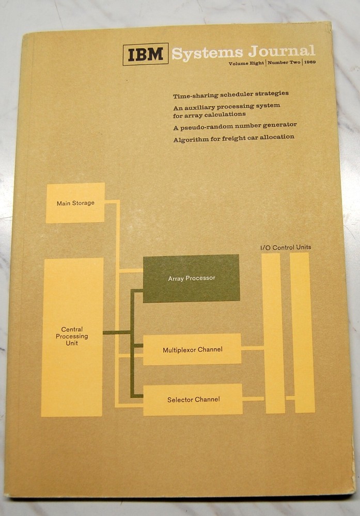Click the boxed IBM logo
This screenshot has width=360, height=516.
(x=145, y=54)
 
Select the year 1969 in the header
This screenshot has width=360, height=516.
(x=310, y=62)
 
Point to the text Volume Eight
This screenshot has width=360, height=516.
(x=246, y=62)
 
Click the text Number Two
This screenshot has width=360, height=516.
(x=284, y=62)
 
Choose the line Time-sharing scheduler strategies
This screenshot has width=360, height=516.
(x=231, y=94)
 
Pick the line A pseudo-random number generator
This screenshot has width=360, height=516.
(x=235, y=125)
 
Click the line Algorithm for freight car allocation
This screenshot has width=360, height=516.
(x=234, y=137)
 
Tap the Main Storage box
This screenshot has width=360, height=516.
(x=75, y=203)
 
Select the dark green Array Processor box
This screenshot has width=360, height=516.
(x=191, y=278)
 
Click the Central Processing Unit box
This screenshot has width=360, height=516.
(x=72, y=336)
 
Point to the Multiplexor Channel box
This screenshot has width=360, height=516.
(x=192, y=349)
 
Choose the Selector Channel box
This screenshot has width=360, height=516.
(x=193, y=399)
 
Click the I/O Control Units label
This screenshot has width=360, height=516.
(x=286, y=247)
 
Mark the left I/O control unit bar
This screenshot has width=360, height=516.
(x=274, y=333)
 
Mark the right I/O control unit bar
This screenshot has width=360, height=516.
(x=303, y=333)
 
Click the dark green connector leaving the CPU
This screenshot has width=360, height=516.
(x=117, y=332)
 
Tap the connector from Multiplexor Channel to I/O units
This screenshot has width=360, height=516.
(x=253, y=348)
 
